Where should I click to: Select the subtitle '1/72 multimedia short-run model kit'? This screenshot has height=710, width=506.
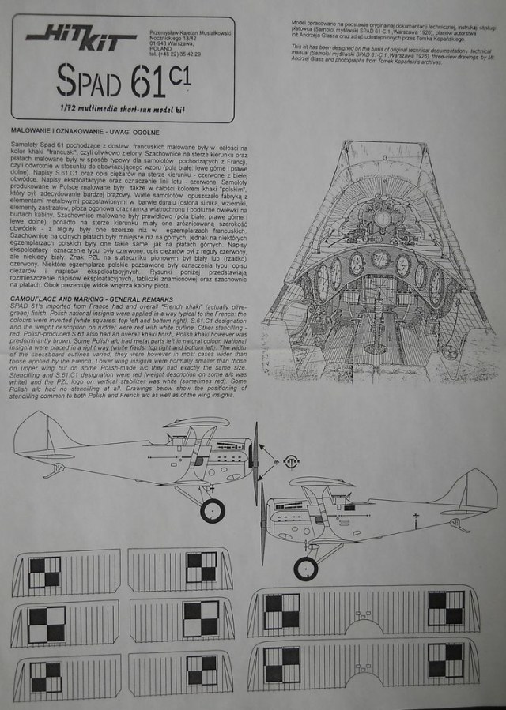(x=120, y=105)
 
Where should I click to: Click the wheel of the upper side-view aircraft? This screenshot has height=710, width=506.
(x=212, y=509)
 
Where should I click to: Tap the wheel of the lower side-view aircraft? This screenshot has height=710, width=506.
(x=306, y=567)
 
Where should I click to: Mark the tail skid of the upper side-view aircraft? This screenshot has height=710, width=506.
(x=59, y=469)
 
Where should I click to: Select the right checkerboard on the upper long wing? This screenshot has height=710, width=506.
(x=446, y=609)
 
